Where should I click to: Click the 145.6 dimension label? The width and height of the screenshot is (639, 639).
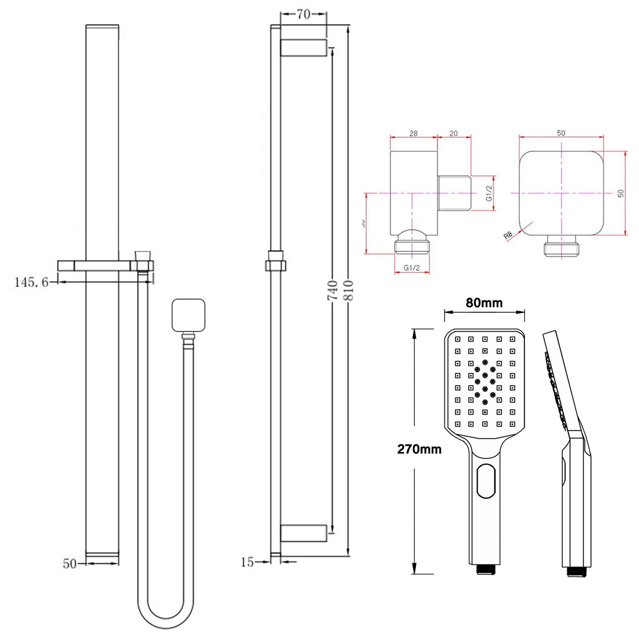pos(32,282)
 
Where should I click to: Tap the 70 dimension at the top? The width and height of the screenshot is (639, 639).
pos(303,14)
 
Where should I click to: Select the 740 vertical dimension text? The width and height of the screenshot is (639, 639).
pos(333,290)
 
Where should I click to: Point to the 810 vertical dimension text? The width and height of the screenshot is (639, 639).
pos(348,290)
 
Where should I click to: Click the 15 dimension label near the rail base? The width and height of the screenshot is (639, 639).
pos(247,562)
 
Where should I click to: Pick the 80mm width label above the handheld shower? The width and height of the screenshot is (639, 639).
pos(484,303)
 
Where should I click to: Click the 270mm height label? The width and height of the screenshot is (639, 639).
pos(419,449)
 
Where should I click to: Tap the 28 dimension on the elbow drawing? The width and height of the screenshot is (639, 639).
pos(413,133)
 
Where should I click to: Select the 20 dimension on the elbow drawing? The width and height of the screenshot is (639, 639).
pos(454,133)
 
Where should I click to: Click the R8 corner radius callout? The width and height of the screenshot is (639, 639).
pos(508,236)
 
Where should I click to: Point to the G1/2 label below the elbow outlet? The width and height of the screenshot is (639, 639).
pos(412,268)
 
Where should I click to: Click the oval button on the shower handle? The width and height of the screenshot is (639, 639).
pos(486,481)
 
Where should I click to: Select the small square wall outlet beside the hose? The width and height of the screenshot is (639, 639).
pos(188,315)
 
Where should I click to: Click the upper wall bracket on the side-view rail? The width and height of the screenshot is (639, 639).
pos(303,48)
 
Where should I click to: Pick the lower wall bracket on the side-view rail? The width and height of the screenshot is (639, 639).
pos(303,533)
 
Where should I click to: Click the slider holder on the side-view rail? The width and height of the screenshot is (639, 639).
pos(275,262)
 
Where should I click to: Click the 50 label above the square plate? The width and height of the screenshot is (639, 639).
pos(561,133)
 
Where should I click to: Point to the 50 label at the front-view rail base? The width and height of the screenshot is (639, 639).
pos(69,564)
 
